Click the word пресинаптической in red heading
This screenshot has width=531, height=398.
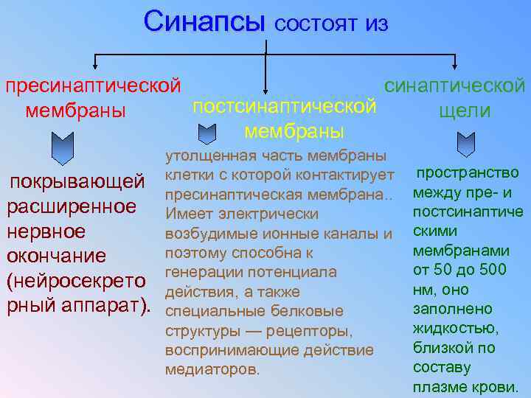tap(93, 86)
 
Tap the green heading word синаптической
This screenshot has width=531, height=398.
tap(455, 85)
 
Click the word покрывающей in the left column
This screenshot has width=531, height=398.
tap(76, 181)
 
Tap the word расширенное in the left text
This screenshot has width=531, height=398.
tap(72, 206)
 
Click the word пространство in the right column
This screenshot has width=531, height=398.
tap(468, 173)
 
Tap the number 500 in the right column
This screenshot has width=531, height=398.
tap(493, 270)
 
